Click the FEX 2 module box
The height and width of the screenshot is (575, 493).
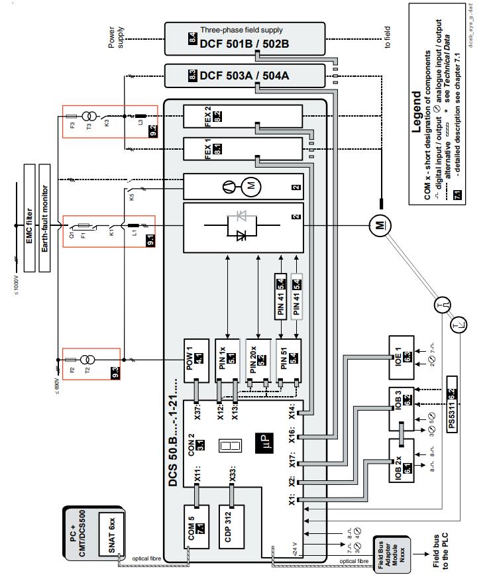click(242, 117)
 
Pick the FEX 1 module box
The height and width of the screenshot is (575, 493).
click(242, 152)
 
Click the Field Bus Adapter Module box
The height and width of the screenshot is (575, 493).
click(388, 553)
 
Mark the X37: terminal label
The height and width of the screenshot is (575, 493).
click(198, 412)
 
